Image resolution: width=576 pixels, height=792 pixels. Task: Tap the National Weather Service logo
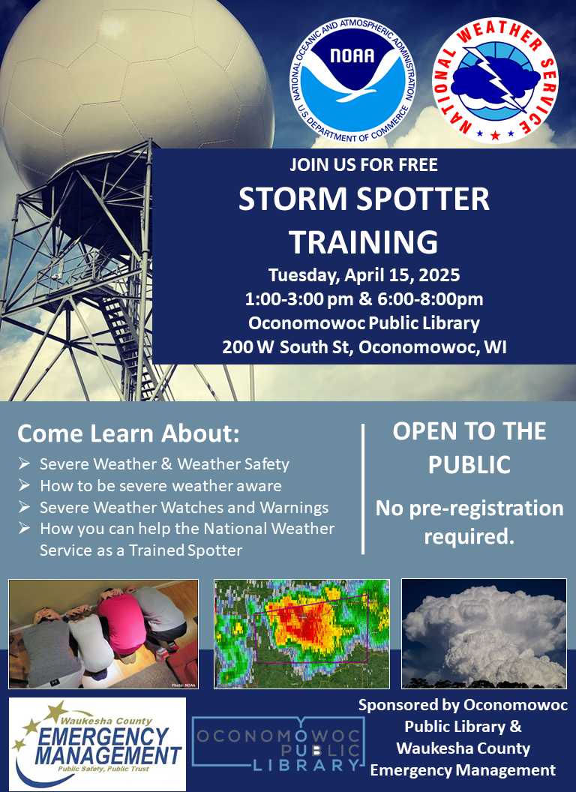point(495,82)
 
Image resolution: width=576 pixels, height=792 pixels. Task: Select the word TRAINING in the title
point(364,242)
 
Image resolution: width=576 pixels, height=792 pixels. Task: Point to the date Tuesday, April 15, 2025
point(364,275)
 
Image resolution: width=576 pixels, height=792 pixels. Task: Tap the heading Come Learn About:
point(128,434)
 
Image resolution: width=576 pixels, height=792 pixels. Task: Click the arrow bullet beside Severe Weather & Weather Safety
point(24,463)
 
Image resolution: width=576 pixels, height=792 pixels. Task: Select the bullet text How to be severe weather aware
point(160,486)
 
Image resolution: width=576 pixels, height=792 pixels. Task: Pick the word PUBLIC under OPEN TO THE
point(469,465)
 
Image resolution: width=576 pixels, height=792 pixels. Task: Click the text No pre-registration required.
point(469,522)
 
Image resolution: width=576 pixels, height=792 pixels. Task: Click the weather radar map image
point(301,634)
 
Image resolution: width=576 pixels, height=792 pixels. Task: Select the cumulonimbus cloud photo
point(484,634)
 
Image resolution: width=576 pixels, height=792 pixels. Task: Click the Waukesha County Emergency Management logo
point(97,744)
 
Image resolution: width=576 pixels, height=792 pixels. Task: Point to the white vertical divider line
point(363,489)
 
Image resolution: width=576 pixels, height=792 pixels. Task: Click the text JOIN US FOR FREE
point(364,165)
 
